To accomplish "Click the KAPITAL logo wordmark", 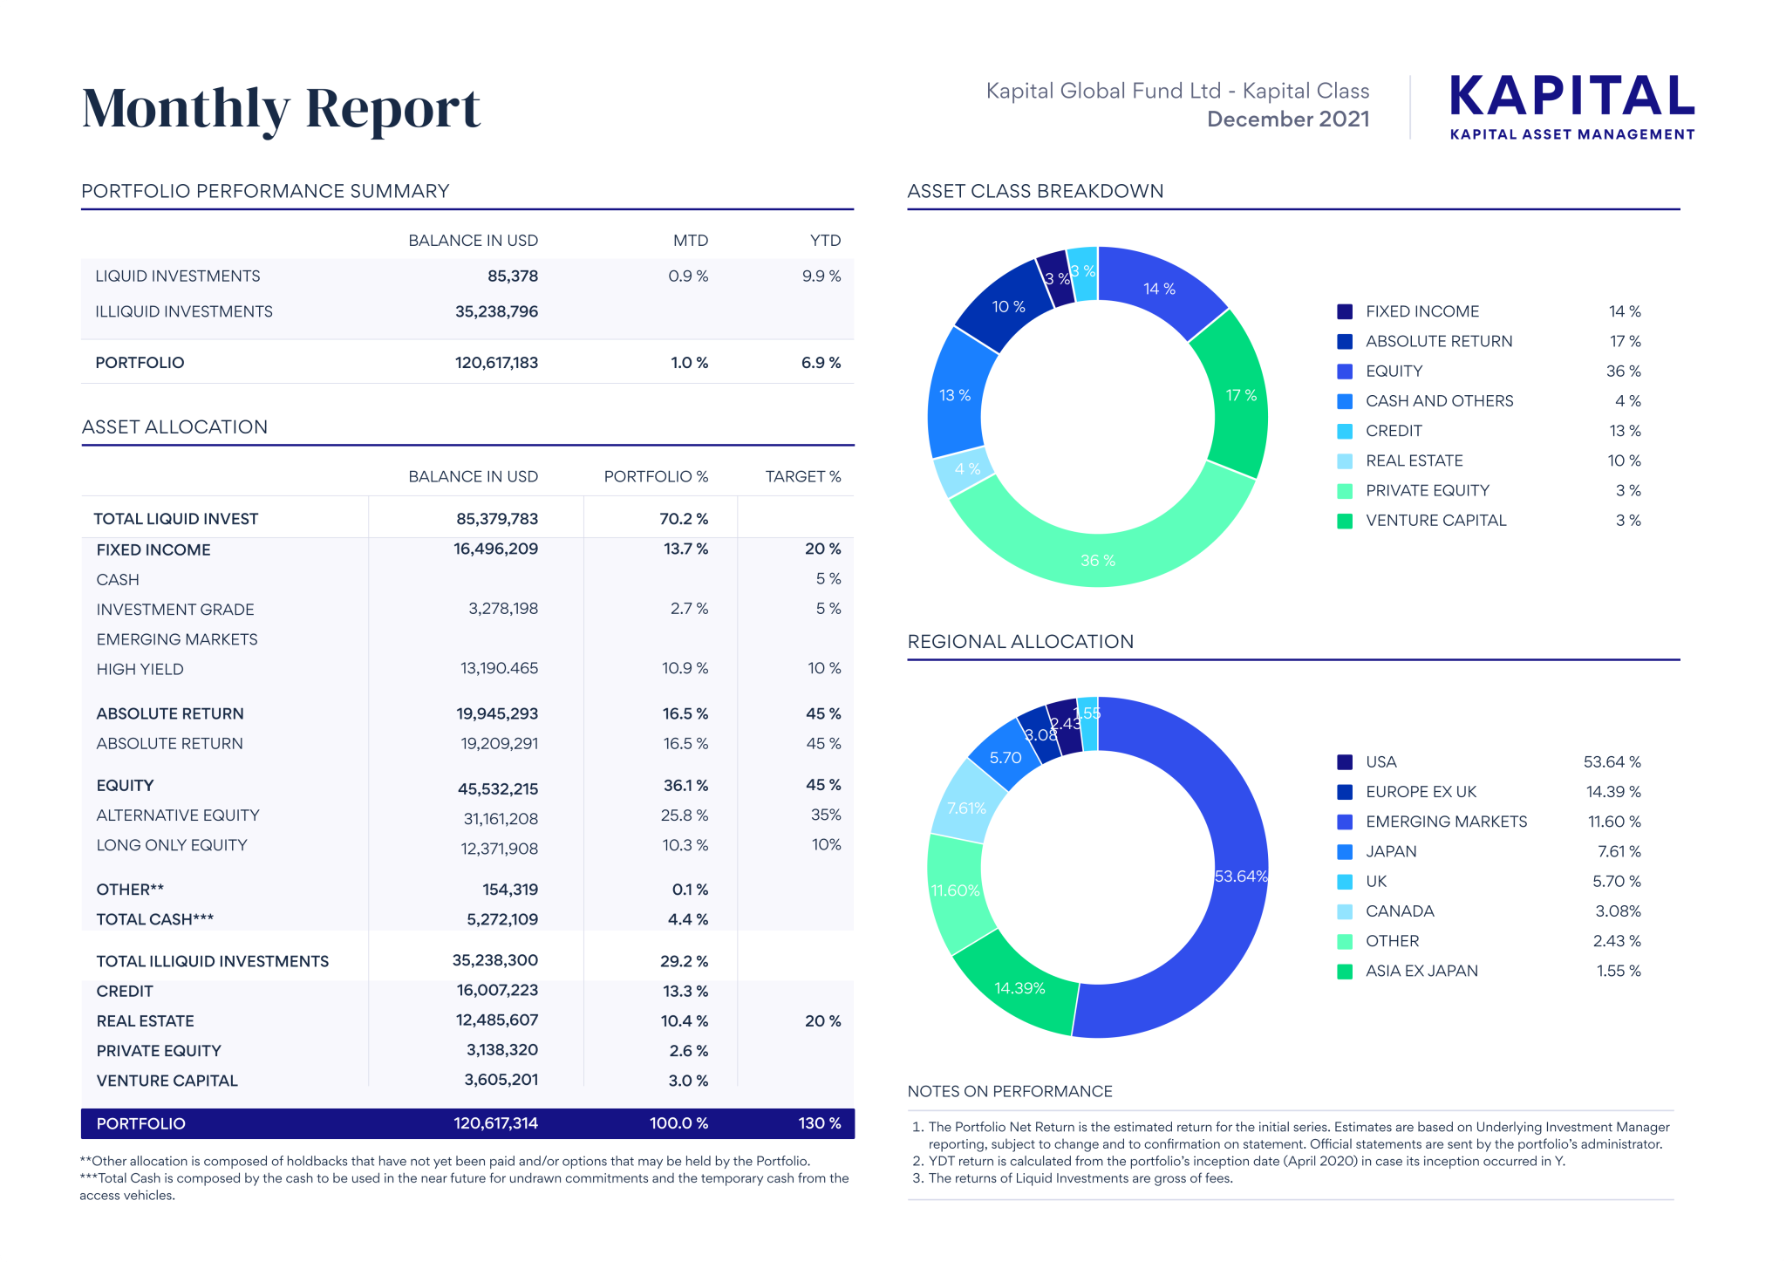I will [x=1571, y=96].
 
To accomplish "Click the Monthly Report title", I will [x=281, y=108].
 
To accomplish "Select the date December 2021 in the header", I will [x=1288, y=119].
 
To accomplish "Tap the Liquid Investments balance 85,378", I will [x=513, y=276].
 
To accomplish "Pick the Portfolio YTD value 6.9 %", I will [x=821, y=363].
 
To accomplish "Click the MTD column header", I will [x=690, y=241].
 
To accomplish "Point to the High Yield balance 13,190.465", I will [x=499, y=669].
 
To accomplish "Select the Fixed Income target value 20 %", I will [x=822, y=549].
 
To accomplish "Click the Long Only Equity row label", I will [x=172, y=845].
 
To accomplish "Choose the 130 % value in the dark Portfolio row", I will [x=819, y=1123].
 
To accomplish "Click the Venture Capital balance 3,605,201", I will [x=501, y=1080].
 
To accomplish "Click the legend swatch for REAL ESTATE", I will [x=1345, y=461].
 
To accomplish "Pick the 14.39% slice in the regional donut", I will [x=1019, y=987].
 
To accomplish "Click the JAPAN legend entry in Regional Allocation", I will [x=1391, y=852].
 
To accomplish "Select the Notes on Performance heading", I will [x=1009, y=1092].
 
